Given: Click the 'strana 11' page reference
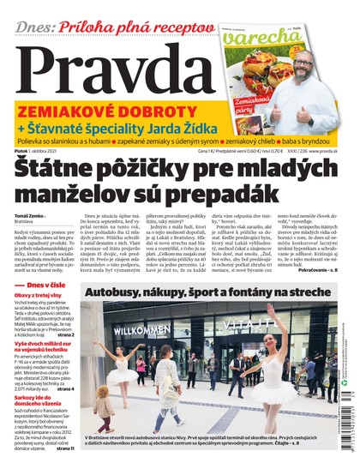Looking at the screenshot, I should (64, 471).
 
